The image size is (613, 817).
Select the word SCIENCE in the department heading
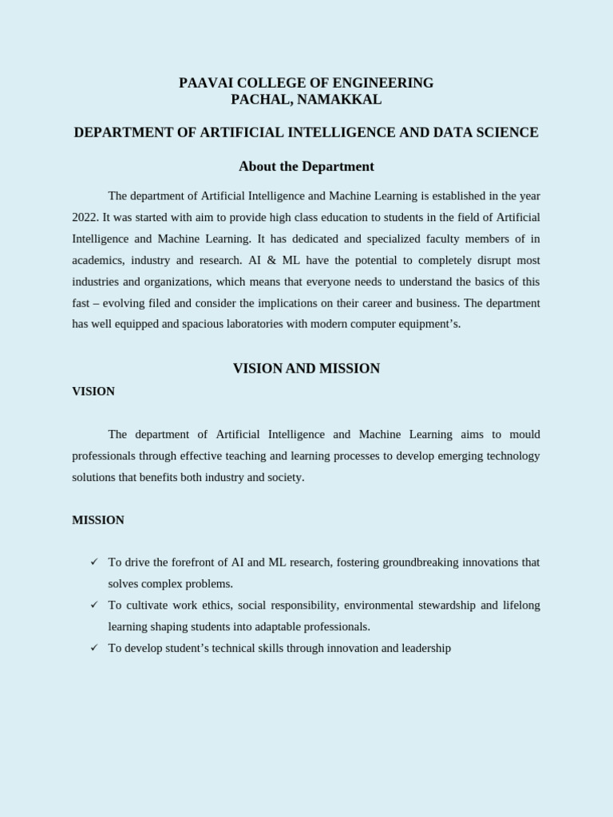(x=507, y=132)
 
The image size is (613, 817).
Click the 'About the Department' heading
(x=306, y=167)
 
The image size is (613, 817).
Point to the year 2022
(x=85, y=217)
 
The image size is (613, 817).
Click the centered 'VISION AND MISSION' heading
(x=306, y=369)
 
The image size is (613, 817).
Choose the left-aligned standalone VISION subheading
(x=93, y=392)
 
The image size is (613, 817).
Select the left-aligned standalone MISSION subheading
(x=98, y=520)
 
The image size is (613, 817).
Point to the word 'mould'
(x=526, y=435)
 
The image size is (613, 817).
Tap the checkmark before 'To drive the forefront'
(x=93, y=562)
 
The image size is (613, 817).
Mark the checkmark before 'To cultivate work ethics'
(x=93, y=606)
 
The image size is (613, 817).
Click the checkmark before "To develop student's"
(x=93, y=648)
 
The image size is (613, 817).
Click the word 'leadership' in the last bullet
(x=424, y=649)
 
